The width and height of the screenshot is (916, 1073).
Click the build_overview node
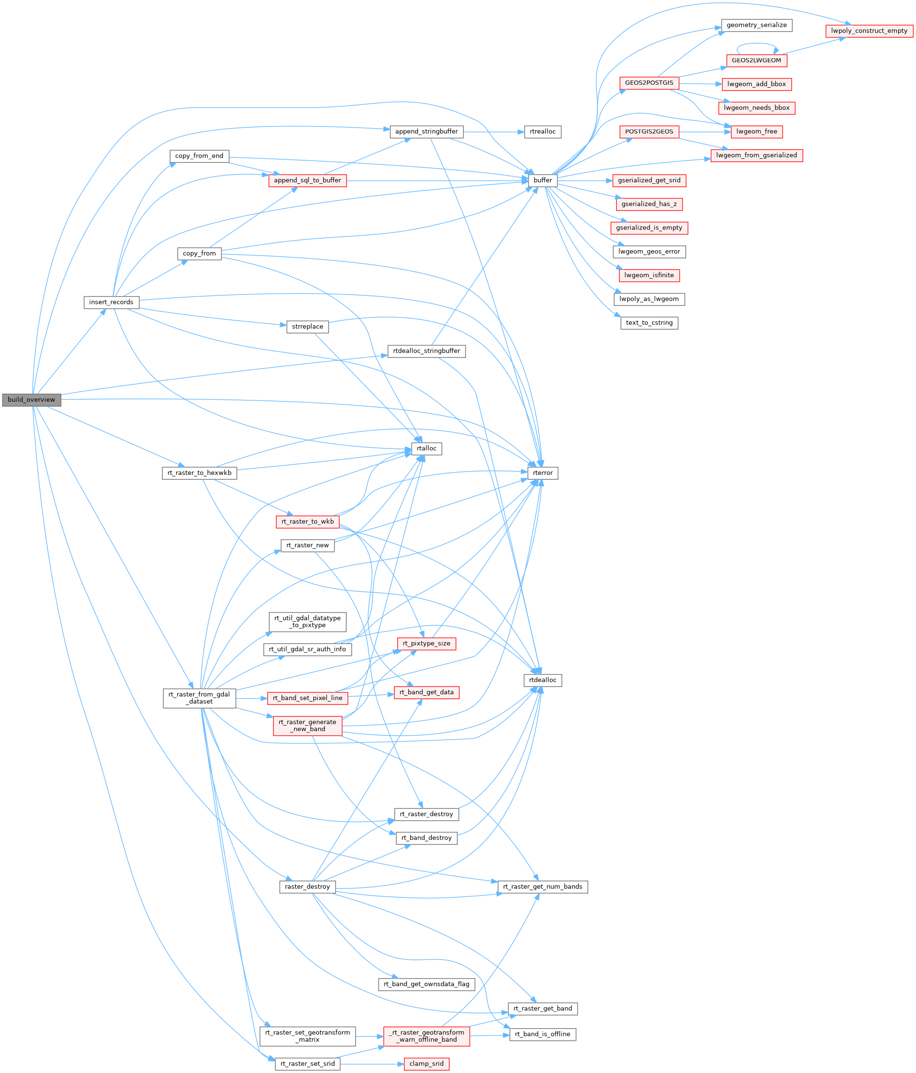[x=31, y=400]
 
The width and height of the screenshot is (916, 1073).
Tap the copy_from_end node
[x=199, y=156]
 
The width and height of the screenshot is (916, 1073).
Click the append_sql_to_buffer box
[x=307, y=180]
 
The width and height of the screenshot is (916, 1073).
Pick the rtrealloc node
[x=542, y=131]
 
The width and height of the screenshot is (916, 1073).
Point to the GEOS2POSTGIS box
[x=649, y=83]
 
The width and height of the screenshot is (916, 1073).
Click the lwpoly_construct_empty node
[x=869, y=31]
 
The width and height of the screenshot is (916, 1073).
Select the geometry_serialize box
[x=756, y=26]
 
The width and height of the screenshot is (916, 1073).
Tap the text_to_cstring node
[x=649, y=323]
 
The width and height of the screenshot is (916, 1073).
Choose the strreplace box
[x=307, y=327]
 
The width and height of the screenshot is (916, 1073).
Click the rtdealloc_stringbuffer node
[x=426, y=351]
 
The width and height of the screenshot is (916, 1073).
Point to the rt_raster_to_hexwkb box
[x=199, y=473]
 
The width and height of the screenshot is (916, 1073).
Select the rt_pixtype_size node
[x=426, y=644]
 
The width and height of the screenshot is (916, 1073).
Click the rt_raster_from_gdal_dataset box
[x=199, y=698]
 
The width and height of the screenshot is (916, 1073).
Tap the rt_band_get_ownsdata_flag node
[x=426, y=984]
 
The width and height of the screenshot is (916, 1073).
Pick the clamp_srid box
[x=426, y=1064]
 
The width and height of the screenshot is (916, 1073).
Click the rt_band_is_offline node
[x=542, y=1034]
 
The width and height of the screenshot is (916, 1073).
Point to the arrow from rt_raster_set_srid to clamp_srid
[x=371, y=1064]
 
